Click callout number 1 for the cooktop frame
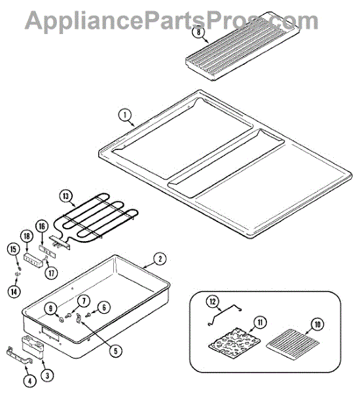123,115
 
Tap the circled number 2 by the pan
158,258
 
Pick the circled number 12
211,302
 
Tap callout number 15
12,248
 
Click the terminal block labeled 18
32,259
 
